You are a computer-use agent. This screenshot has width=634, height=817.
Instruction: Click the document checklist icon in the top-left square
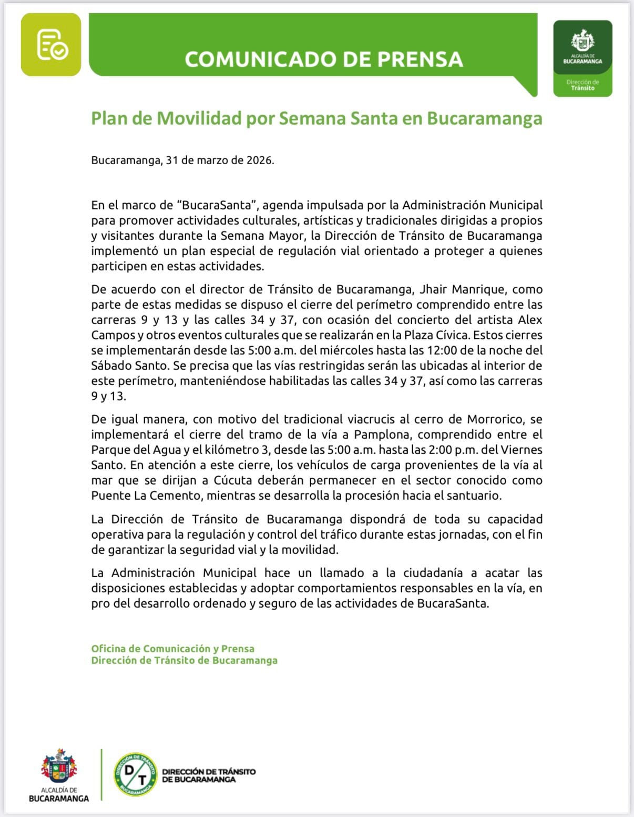[x=52, y=45]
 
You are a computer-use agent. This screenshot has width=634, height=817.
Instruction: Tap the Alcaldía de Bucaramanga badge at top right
[x=582, y=58]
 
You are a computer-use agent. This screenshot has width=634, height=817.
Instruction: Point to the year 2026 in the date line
[x=260, y=160]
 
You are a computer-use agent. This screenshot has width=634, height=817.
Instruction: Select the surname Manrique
[x=479, y=289]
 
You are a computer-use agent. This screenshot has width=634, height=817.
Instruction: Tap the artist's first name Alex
[x=530, y=320]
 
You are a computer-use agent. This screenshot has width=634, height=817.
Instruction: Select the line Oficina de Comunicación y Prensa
[x=172, y=649]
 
